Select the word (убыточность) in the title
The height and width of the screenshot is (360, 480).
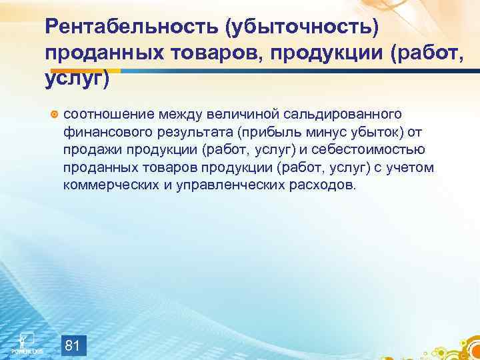[302, 27]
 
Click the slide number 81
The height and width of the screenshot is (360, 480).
[73, 327]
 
